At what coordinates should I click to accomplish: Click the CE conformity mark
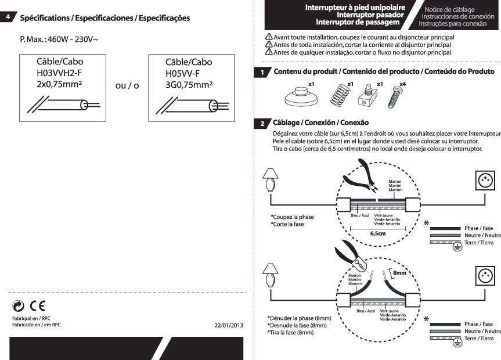pyautogui.click(x=38, y=306)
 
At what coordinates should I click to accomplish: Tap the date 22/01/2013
pyautogui.click(x=229, y=326)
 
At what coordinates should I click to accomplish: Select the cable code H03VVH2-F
pyautogui.click(x=59, y=73)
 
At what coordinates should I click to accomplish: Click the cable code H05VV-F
pyautogui.click(x=182, y=74)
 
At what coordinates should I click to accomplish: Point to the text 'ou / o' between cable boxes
pyautogui.click(x=127, y=85)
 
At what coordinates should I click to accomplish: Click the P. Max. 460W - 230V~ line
pyautogui.click(x=59, y=39)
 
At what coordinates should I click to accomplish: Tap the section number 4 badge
pyautogui.click(x=8, y=17)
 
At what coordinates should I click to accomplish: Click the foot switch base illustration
pyautogui.click(x=301, y=97)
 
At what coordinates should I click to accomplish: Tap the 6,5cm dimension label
pyautogui.click(x=378, y=234)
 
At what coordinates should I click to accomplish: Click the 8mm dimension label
pyautogui.click(x=400, y=273)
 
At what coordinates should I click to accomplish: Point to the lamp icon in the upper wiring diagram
pyautogui.click(x=271, y=180)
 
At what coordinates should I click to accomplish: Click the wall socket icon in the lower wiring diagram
pyautogui.click(x=485, y=276)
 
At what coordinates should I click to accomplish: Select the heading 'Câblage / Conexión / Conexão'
pyautogui.click(x=320, y=123)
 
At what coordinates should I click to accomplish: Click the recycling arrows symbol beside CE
pyautogui.click(x=18, y=306)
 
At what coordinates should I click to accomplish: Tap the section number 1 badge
pyautogui.click(x=262, y=72)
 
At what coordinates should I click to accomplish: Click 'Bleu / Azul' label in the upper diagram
pyautogui.click(x=360, y=215)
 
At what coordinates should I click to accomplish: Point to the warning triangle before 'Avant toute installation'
pyautogui.click(x=269, y=37)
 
